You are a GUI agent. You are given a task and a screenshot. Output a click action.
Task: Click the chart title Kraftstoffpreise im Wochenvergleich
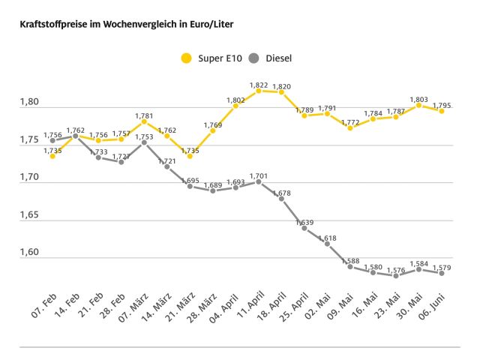pyautogui.click(x=121, y=25)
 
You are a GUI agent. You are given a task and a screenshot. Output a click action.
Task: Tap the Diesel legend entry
pyautogui.click(x=271, y=58)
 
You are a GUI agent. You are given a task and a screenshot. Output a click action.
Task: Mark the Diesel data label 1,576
pyautogui.click(x=395, y=268)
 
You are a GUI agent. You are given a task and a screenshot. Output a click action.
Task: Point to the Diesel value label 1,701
pyautogui.click(x=259, y=175)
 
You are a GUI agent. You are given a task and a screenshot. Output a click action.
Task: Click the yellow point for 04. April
pyautogui.click(x=235, y=106)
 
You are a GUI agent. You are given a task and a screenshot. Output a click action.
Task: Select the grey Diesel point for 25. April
pyautogui.click(x=304, y=227)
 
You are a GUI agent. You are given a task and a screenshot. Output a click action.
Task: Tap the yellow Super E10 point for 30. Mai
pyautogui.click(x=419, y=105)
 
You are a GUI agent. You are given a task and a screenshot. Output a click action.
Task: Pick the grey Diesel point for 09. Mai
pyautogui.click(x=350, y=266)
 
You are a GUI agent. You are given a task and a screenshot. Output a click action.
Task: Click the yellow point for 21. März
pyautogui.click(x=190, y=156)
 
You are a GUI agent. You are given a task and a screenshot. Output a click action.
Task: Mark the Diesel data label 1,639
pyautogui.click(x=304, y=222)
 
